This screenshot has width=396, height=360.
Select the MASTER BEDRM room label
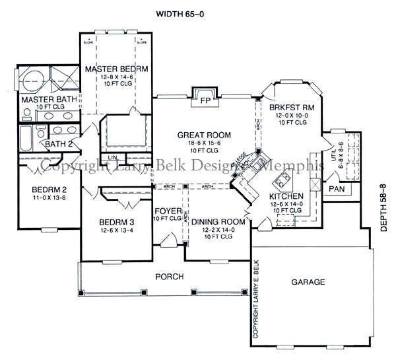point(115,69)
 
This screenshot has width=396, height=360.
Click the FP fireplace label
point(205,102)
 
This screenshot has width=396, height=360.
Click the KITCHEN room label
point(286,196)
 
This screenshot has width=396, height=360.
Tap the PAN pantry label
point(337,189)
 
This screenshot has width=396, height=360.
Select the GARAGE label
point(308,282)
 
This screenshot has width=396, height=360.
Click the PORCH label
point(169,276)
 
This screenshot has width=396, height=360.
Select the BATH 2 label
point(58,145)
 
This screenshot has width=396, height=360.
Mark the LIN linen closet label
point(113,157)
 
